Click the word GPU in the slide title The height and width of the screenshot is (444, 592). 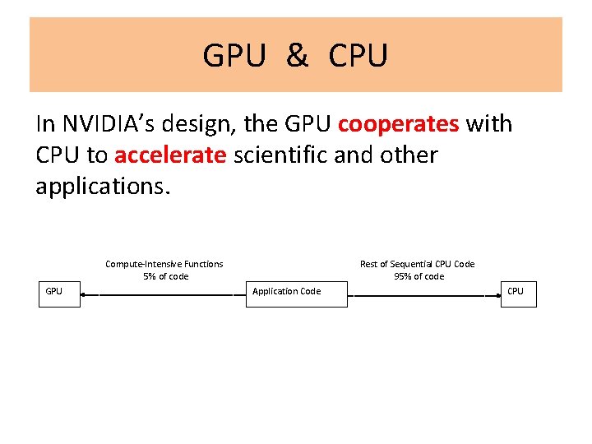tap(234, 56)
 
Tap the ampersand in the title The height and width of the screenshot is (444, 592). tap(298, 56)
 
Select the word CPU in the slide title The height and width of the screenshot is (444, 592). tap(358, 56)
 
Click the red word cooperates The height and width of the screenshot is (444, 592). tap(398, 124)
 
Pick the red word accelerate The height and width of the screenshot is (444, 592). tap(170, 155)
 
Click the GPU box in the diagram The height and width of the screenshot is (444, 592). tap(60, 292)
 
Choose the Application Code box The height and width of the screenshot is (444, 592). tap(297, 292)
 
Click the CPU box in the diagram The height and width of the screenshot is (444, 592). tap(518, 292)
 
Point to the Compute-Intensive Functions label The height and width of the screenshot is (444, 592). tap(164, 264)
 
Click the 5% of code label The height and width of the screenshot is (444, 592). tap(165, 276)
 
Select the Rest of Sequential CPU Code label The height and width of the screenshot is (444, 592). tap(418, 264)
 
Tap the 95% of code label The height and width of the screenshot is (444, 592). tap(419, 276)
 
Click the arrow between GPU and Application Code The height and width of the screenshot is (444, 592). tap(164, 294)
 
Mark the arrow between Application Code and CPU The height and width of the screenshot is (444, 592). tap(423, 294)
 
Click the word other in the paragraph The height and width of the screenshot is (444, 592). tap(408, 155)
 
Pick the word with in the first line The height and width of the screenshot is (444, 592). tap(489, 124)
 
